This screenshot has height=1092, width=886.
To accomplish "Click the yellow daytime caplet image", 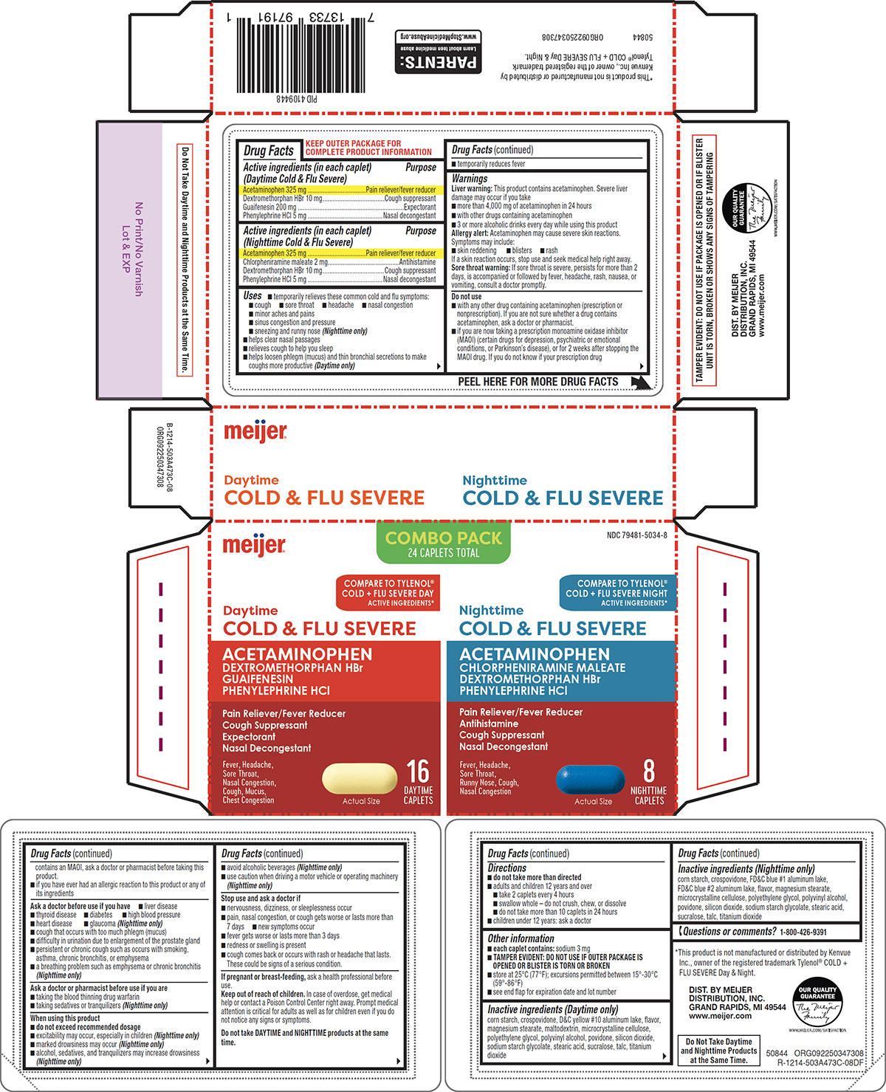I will pyautogui.click(x=360, y=778).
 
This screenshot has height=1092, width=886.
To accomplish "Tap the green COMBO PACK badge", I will pyautogui.click(x=443, y=543).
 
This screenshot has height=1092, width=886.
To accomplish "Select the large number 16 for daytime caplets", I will pyautogui.click(x=418, y=772).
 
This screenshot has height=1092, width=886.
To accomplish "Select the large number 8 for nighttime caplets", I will pyautogui.click(x=648, y=771).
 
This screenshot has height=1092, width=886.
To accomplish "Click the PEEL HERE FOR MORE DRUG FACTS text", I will pyautogui.click(x=538, y=382).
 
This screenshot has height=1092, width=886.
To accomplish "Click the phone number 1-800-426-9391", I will pyautogui.click(x=803, y=933).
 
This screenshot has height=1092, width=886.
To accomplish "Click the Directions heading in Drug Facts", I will pyautogui.click(x=507, y=868).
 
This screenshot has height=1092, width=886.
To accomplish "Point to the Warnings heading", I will pyautogui.click(x=470, y=179).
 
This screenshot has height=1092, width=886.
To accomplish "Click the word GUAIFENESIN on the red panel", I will pyautogui.click(x=258, y=679).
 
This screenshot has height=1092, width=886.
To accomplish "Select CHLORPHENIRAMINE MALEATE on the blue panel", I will pyautogui.click(x=542, y=667).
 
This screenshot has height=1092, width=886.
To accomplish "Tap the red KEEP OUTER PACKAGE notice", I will pyautogui.click(x=368, y=148).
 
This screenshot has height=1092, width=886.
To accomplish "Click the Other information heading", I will pyautogui.click(x=521, y=938).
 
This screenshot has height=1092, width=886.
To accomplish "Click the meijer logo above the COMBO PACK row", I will pyautogui.click(x=255, y=431).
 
